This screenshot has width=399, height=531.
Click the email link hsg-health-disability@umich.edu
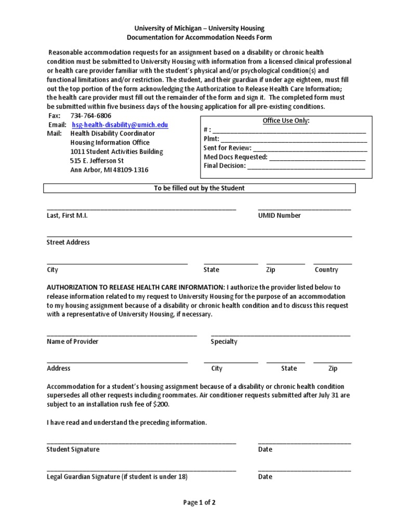119,125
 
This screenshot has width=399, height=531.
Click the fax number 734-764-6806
90,116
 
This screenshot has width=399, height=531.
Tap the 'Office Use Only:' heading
286,121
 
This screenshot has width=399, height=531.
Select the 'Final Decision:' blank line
306,167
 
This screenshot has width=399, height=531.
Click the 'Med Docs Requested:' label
235,157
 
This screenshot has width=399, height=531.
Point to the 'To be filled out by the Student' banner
199,188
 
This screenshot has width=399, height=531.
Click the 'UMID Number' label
279,216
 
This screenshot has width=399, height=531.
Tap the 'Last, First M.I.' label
67,216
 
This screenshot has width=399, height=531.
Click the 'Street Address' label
68,242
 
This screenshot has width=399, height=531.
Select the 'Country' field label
326,270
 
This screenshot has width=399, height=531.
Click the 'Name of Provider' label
72,341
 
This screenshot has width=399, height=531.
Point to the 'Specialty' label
224,341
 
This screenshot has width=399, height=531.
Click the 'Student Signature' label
73,449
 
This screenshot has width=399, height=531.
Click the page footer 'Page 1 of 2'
199,502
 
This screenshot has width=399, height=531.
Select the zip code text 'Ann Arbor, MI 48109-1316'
109,170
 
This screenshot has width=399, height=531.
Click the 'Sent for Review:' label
227,148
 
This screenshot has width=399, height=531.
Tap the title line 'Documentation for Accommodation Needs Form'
199,37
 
